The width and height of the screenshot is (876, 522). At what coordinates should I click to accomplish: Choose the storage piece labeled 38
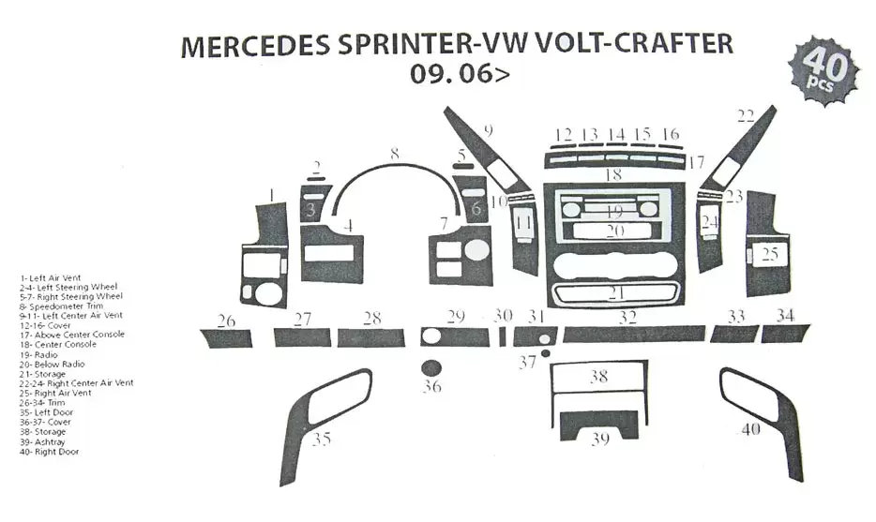tap(598, 378)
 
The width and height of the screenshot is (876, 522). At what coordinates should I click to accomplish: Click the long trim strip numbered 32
tap(633, 334)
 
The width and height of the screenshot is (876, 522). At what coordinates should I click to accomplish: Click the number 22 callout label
tap(746, 116)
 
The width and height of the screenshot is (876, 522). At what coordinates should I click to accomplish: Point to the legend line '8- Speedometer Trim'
tap(62, 306)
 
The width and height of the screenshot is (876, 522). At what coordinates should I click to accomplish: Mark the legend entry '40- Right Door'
tap(49, 452)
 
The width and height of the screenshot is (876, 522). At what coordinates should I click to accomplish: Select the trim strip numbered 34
tap(785, 333)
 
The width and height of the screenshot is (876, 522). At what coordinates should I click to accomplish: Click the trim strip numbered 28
tap(370, 337)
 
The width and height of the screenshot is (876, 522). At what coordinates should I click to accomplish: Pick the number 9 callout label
tap(488, 129)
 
